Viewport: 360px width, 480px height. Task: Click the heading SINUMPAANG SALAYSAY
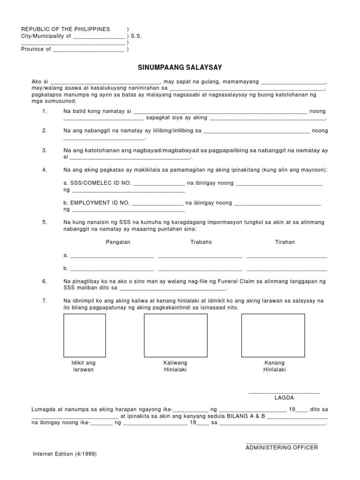(180, 67)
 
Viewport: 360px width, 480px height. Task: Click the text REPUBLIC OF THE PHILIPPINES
(66, 29)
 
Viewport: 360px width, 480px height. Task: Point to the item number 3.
(45, 150)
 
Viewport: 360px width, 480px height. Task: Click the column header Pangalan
(118, 242)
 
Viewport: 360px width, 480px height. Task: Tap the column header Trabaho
(201, 242)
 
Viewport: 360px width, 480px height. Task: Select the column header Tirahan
(285, 242)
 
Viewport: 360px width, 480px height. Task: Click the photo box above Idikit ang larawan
(84, 335)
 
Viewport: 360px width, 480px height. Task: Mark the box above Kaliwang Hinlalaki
(175, 335)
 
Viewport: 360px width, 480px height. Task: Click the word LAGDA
(284, 397)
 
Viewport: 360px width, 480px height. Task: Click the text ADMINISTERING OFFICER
(282, 448)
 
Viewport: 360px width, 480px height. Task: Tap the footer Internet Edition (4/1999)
(65, 454)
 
